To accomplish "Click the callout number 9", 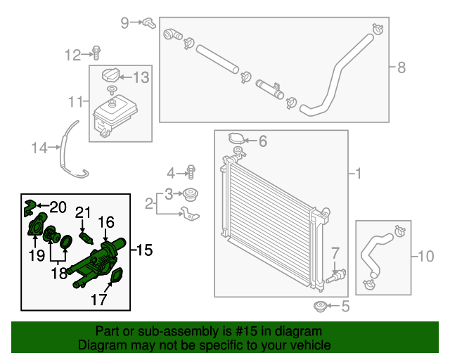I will (x=124, y=22).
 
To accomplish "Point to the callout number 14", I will (x=38, y=148).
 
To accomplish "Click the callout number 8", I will (x=401, y=67).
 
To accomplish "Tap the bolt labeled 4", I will (x=191, y=172).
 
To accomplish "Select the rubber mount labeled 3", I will (x=188, y=194).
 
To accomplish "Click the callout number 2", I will (x=149, y=204).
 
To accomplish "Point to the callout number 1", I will (x=358, y=173).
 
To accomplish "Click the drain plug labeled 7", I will (x=336, y=275).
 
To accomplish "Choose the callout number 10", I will (x=426, y=257).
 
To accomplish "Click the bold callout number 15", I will (x=145, y=250).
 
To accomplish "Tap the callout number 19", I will (x=37, y=256).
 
